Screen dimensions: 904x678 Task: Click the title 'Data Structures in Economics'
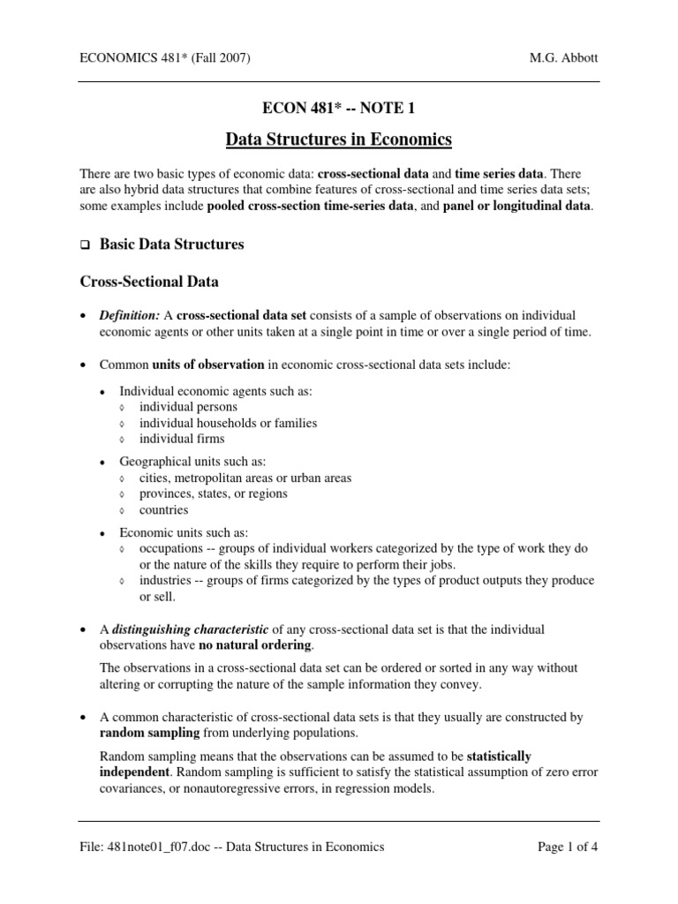339,139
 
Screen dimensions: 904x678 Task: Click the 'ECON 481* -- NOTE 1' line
339,109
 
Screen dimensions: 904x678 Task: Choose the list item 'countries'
163,509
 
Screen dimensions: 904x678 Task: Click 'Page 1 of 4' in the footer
568,847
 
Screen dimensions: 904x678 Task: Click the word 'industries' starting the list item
168,580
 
